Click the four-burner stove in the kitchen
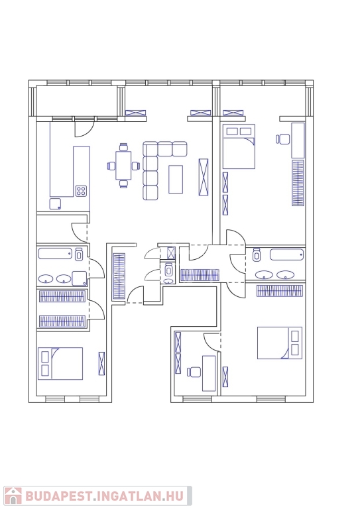pos(81,191)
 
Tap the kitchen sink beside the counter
pos(55,204)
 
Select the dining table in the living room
pos(123,165)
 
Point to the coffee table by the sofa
pos(176,179)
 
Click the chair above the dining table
pos(123,147)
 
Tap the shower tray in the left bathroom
pos(80,278)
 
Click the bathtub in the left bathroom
pos(55,254)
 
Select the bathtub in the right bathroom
pos(287,254)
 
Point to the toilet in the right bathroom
pos(257,254)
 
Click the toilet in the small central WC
pos(168,270)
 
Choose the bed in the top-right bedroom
pos(239,146)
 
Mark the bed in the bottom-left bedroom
pos(60,364)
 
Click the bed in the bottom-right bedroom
pos(280,343)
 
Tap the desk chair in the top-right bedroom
pos(283,139)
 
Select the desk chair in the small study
pos(194,372)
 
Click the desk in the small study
pos(209,373)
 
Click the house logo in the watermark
pos(13,496)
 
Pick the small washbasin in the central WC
pos(168,281)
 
